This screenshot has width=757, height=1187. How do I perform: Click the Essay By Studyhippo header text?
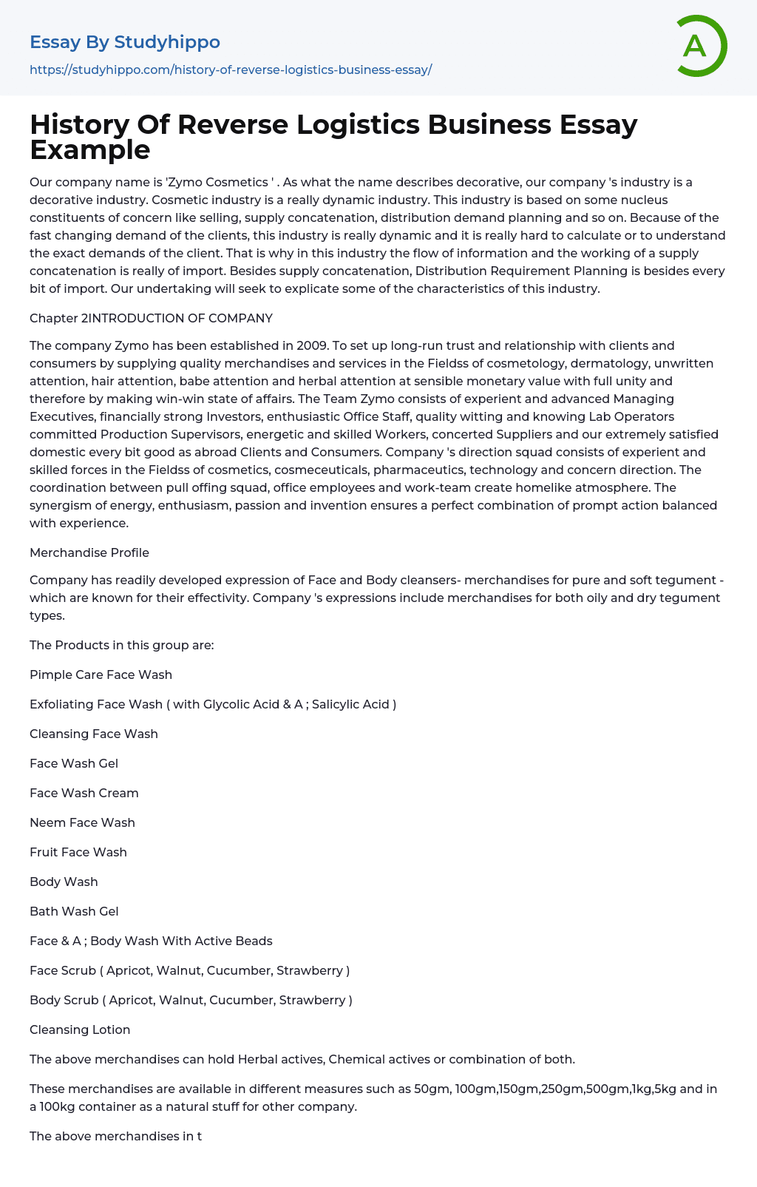pos(125,42)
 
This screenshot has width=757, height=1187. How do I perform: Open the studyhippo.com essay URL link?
pos(231,70)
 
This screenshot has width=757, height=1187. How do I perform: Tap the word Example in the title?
pos(90,150)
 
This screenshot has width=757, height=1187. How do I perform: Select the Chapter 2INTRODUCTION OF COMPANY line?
pos(151,318)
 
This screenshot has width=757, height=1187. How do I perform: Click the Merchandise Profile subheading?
pos(89,552)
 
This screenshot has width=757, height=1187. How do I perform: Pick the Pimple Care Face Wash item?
pos(101,674)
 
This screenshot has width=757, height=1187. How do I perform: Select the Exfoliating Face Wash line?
pos(213,704)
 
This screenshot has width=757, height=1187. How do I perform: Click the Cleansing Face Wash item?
pos(94,734)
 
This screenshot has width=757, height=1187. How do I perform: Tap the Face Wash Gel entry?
pos(74,763)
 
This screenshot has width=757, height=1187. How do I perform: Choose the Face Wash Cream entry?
pos(84,793)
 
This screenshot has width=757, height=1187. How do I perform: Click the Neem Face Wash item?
pos(82,822)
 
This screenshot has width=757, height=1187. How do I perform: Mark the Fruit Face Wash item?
pos(78,852)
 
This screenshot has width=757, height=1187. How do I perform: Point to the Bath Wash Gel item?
pos(74,911)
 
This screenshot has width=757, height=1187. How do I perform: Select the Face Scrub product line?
pos(189,970)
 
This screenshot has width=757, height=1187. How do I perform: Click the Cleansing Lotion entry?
pos(80,1029)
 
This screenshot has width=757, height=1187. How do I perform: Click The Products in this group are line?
pos(122,645)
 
